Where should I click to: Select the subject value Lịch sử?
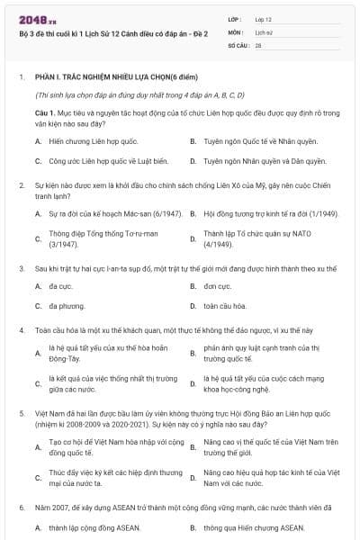263,31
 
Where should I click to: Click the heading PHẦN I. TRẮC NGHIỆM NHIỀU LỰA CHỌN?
99,78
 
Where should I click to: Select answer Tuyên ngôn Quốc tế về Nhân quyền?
247,141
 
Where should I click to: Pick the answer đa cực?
59,286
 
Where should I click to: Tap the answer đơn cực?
217,286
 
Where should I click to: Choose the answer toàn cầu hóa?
223,306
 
